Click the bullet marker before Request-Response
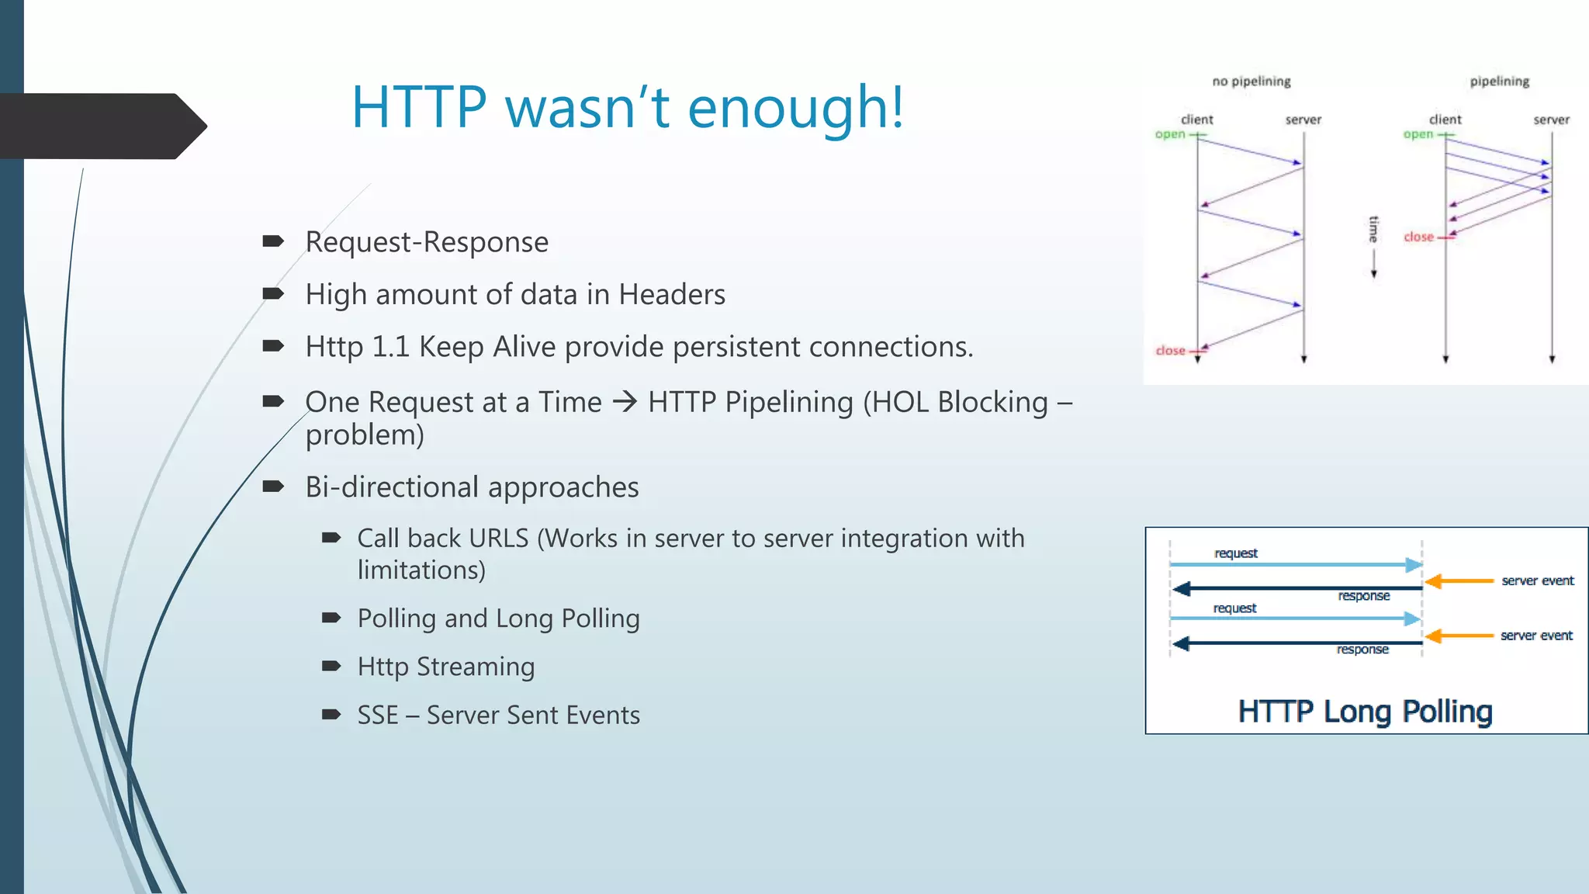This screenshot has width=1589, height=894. tap(272, 241)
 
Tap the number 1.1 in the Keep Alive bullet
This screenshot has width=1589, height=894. tap(389, 347)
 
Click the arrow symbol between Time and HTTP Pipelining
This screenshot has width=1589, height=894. tap(625, 402)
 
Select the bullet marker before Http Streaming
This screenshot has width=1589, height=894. tap(331, 666)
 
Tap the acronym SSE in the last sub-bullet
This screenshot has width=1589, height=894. tap(377, 715)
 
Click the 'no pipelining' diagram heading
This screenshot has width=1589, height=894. tap(1251, 81)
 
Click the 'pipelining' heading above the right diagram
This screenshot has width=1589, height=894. tap(1499, 81)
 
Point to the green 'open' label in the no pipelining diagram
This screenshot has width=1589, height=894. tap(1170, 134)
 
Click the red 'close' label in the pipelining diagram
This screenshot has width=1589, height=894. tap(1418, 237)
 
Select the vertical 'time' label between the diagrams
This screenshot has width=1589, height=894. tap(1373, 230)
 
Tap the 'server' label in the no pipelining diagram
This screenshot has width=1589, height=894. tap(1303, 120)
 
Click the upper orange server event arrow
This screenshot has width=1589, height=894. tap(1459, 580)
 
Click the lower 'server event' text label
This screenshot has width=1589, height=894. tap(1536, 636)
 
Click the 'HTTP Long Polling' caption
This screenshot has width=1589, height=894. tap(1365, 711)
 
